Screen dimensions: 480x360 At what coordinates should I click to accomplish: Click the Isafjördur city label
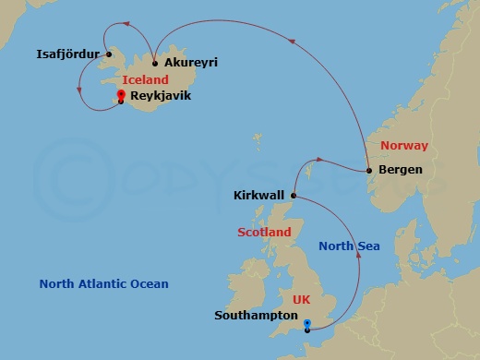[67, 54]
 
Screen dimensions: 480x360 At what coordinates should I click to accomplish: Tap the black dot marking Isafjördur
[109, 54]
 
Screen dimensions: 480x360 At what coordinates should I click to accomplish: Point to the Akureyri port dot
[155, 64]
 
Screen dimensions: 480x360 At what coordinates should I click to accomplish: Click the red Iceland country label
[145, 80]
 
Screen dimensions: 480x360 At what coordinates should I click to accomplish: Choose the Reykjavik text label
[160, 94]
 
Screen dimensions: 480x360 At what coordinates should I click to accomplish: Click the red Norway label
[404, 147]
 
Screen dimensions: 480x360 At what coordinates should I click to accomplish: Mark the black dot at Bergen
[368, 170]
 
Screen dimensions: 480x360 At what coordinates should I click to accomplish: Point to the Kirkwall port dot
[293, 196]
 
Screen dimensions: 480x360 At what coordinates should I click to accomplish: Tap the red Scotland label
[263, 233]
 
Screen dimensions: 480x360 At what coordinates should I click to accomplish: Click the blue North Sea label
[350, 246]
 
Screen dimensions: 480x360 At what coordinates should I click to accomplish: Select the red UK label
[302, 300]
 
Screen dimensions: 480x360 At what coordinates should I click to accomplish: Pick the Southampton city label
[255, 315]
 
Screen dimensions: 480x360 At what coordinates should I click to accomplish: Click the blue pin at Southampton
[306, 323]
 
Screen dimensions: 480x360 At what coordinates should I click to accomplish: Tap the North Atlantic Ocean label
[103, 284]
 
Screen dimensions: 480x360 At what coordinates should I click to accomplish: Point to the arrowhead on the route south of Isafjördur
[79, 90]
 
